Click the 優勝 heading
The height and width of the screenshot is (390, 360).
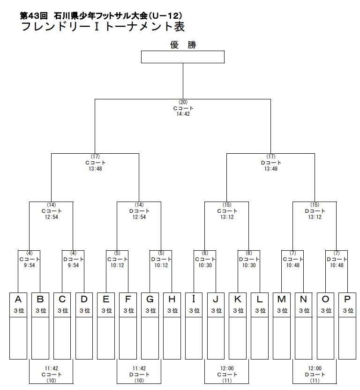coord(183,45)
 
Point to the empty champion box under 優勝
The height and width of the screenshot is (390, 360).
coord(183,57)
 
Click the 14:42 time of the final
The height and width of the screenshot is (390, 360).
coord(183,114)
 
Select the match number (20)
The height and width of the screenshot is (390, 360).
coord(183,102)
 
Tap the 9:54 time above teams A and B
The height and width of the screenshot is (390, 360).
coord(29,265)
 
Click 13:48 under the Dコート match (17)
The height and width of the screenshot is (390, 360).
coord(271,168)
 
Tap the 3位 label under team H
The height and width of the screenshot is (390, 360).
coord(172,310)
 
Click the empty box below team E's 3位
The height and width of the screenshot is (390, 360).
coord(106,338)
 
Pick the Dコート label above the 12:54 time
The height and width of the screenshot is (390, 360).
coord(139,211)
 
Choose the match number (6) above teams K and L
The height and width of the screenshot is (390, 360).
coord(249,253)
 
